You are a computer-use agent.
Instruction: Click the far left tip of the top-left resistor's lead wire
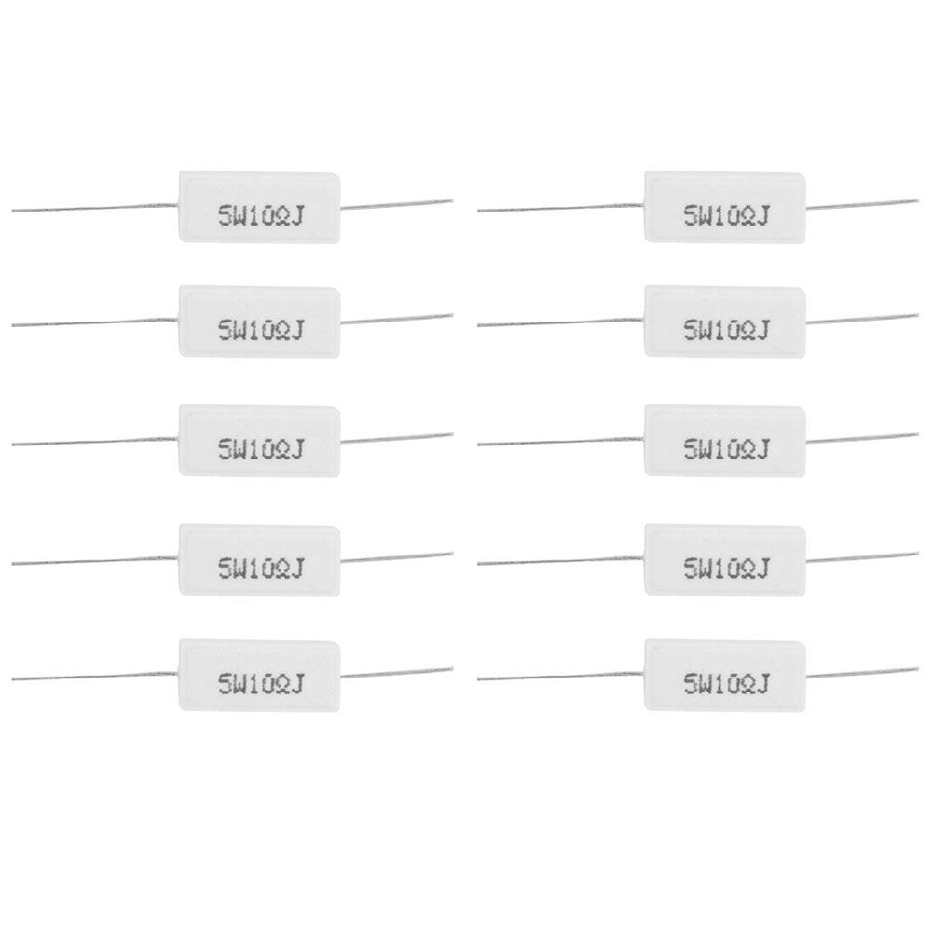(x=12, y=211)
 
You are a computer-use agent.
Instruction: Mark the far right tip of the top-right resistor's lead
(x=918, y=201)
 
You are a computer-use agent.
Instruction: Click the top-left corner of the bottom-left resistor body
(x=180, y=641)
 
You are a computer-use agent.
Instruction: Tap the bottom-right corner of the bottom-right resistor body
(x=805, y=710)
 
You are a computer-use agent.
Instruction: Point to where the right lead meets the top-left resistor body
(x=341, y=208)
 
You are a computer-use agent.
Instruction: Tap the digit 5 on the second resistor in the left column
(x=226, y=330)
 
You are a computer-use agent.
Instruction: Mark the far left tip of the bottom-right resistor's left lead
(x=477, y=678)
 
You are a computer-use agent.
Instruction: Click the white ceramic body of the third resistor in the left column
(x=260, y=441)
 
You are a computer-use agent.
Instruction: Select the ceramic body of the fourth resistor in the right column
(x=725, y=559)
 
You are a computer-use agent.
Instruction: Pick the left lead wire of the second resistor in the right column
(x=560, y=322)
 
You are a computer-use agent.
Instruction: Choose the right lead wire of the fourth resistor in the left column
(x=396, y=557)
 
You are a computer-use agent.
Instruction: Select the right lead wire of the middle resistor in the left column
(x=396, y=438)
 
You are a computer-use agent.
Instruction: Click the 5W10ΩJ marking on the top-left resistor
(x=261, y=216)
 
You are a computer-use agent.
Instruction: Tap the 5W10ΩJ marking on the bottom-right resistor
(x=726, y=684)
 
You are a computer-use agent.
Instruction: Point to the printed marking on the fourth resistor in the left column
(x=261, y=569)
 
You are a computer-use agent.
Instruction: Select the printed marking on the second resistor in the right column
(x=726, y=330)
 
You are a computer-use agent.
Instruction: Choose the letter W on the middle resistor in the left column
(x=241, y=449)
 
